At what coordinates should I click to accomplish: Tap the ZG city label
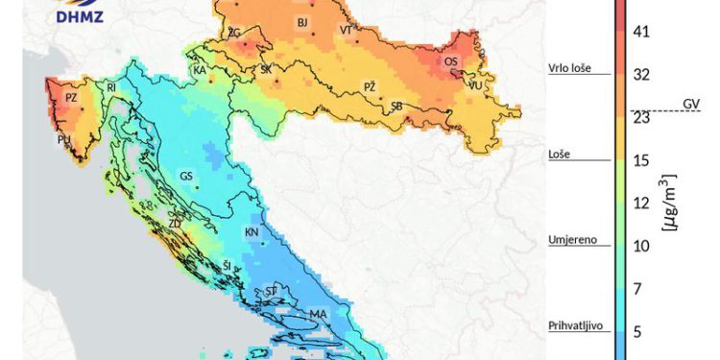pyautogui.click(x=233, y=34)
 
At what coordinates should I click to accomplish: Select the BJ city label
pyautogui.click(x=302, y=22)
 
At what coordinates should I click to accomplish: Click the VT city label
pyautogui.click(x=346, y=31)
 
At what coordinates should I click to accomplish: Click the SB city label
pyautogui.click(x=396, y=107)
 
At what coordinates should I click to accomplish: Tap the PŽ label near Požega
pyautogui.click(x=370, y=86)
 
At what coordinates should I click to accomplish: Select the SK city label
pyautogui.click(x=267, y=69)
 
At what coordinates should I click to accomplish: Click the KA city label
pyautogui.click(x=200, y=71)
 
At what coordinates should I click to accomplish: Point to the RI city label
pyautogui.click(x=111, y=87)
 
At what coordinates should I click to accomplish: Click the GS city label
pyautogui.click(x=186, y=176)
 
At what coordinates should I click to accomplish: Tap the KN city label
pyautogui.click(x=252, y=232)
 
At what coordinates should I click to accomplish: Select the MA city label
pyautogui.click(x=318, y=314)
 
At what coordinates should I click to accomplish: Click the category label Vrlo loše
pyautogui.click(x=569, y=68)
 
